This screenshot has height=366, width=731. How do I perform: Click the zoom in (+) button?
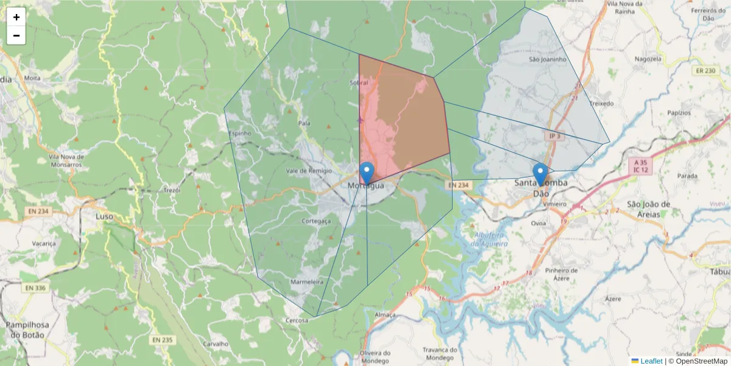pos(16,17)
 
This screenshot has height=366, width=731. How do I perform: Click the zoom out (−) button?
pos(16,35)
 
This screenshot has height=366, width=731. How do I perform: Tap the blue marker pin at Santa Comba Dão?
pos(540,174)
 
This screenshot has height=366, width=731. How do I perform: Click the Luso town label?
pos(105,216)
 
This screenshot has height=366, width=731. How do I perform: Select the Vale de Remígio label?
pos(308,171)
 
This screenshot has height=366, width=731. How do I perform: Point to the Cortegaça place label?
pos(316,221)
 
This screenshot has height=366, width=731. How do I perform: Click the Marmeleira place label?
pos(306,282)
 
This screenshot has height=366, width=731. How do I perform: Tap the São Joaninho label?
pos(548,60)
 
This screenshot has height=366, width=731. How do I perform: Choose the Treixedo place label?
pos(601,104)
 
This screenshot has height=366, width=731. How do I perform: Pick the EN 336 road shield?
pos(37,287)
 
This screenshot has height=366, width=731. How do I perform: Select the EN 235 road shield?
pos(162,340)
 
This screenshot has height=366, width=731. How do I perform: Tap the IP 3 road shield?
pos(554,137)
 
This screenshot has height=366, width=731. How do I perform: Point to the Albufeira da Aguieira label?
pos(489,239)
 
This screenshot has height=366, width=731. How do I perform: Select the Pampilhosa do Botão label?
pos(27,329)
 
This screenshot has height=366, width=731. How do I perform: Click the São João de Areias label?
pos(648,208)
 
